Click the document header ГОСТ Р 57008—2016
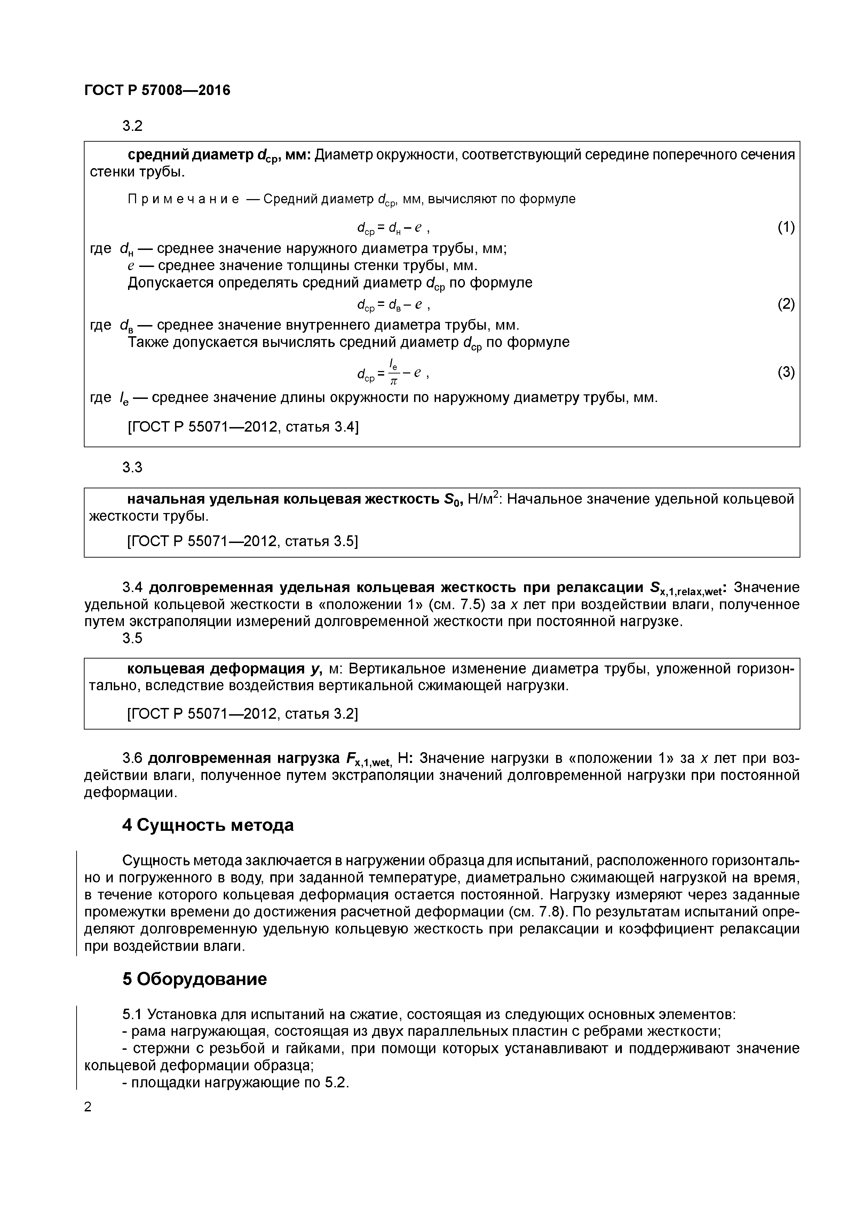click(x=157, y=90)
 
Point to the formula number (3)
click(x=786, y=372)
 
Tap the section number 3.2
click(x=132, y=126)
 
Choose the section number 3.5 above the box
click(x=132, y=638)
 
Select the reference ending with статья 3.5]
click(x=243, y=541)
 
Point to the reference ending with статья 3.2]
click(x=243, y=713)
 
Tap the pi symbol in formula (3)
click(x=394, y=381)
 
